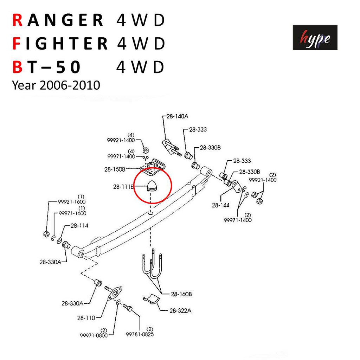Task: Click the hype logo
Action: pyautogui.click(x=315, y=37)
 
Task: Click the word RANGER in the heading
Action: pyautogui.click(x=58, y=20)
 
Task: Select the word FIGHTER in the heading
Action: pyautogui.click(x=60, y=43)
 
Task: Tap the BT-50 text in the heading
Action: pyautogui.click(x=46, y=67)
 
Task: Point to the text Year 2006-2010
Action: pyautogui.click(x=56, y=85)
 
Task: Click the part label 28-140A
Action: pyautogui.click(x=177, y=116)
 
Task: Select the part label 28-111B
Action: pyautogui.click(x=123, y=187)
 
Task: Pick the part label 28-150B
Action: pyautogui.click(x=115, y=169)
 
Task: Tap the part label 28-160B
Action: pyautogui.click(x=181, y=294)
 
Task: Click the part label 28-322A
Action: pyautogui.click(x=180, y=311)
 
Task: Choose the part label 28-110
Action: pyautogui.click(x=86, y=318)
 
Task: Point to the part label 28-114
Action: pyautogui.click(x=79, y=226)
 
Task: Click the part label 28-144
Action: pyautogui.click(x=221, y=205)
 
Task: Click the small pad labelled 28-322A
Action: pyautogui.click(x=152, y=298)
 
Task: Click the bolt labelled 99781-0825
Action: pyautogui.click(x=128, y=307)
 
